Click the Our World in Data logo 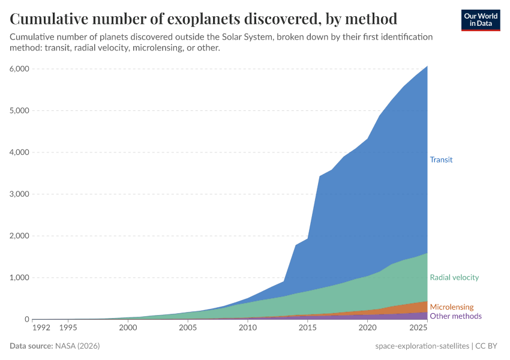pos(480,19)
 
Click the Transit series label pos(441,160)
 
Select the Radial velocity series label pos(454,277)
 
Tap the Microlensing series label pos(452,307)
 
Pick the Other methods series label pos(455,316)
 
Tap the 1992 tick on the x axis pos(41,328)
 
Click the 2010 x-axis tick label pos(247,328)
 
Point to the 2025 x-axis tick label pos(416,328)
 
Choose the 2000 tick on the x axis pos(128,328)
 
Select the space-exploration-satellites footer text pos(422,346)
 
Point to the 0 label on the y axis pos(26,320)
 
